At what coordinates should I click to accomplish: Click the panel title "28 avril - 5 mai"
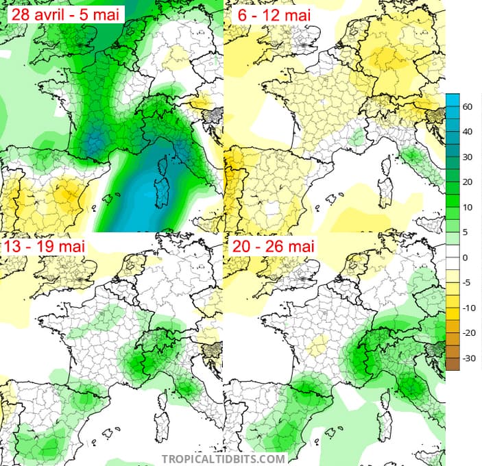(x=62, y=13)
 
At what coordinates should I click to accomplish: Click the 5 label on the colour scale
(x=468, y=232)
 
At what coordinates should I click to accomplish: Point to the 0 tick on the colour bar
(x=468, y=258)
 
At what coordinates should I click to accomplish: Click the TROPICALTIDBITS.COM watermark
(x=223, y=458)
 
